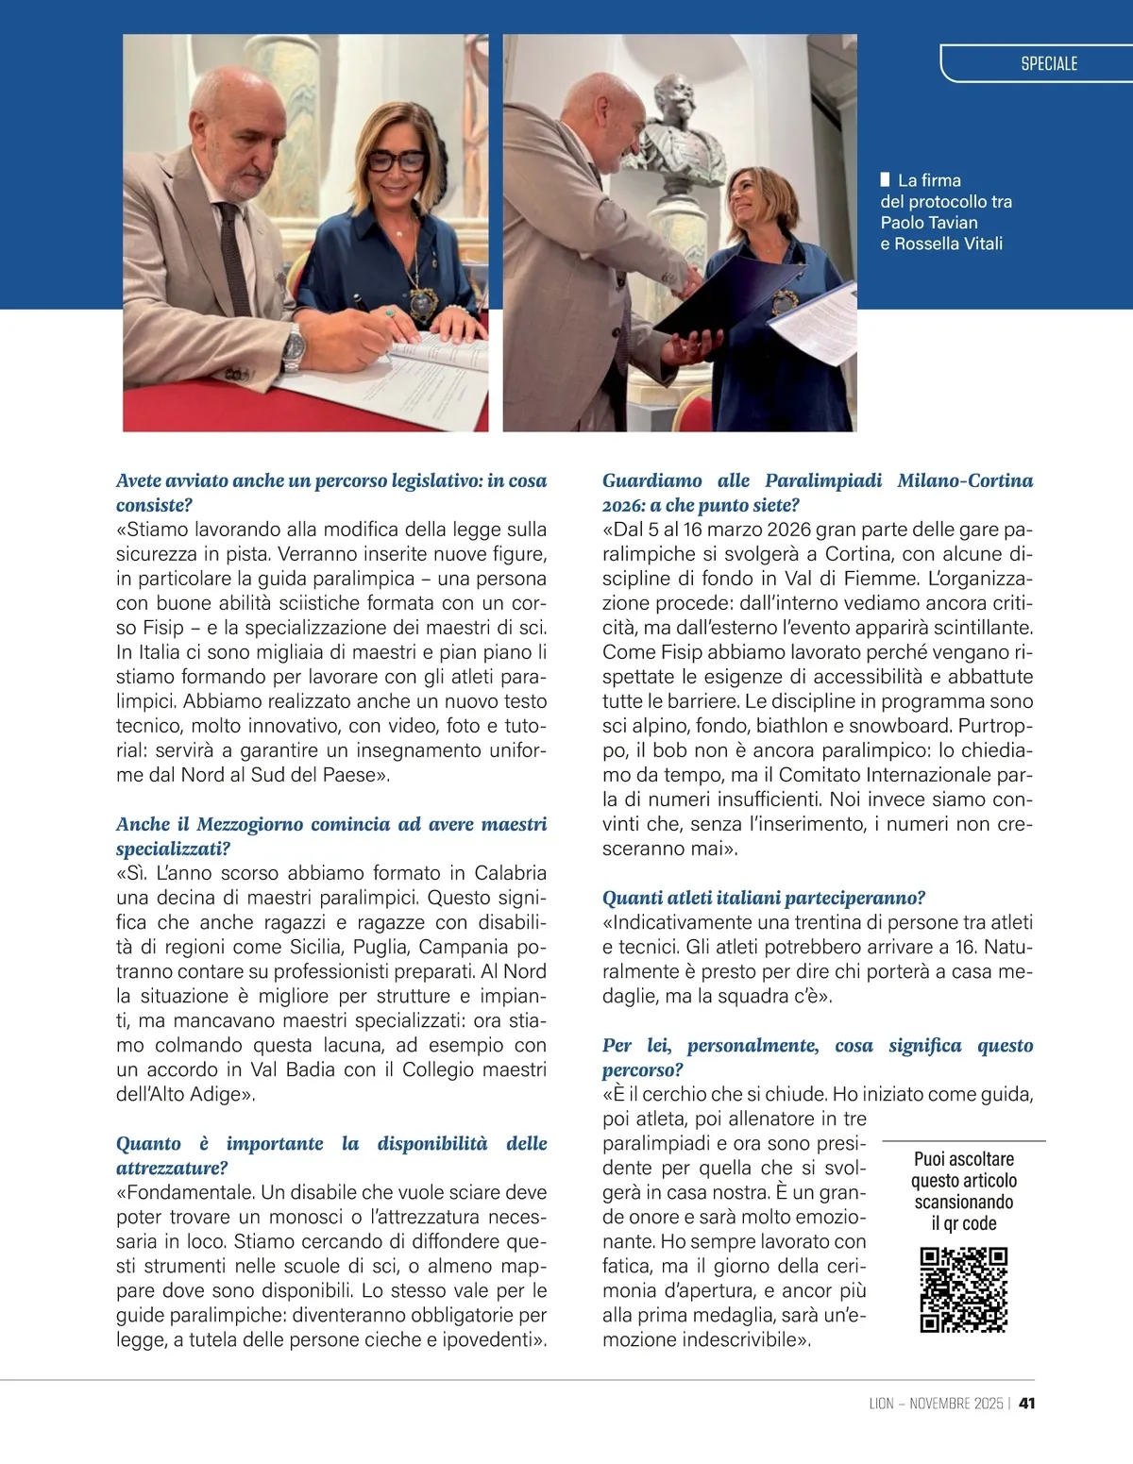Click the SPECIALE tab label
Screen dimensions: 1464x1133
pyautogui.click(x=1048, y=64)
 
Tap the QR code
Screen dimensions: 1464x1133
pyautogui.click(x=963, y=1289)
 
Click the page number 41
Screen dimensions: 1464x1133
pyautogui.click(x=1027, y=1404)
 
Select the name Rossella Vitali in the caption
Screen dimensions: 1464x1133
pyautogui.click(x=948, y=244)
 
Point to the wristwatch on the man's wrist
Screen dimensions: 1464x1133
pyautogui.click(x=296, y=348)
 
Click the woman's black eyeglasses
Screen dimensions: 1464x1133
pyautogui.click(x=396, y=161)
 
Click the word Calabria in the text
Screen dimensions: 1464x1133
pyautogui.click(x=510, y=873)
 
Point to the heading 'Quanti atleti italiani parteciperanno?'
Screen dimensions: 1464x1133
pyautogui.click(x=764, y=898)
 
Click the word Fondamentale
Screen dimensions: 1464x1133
pyautogui.click(x=188, y=1192)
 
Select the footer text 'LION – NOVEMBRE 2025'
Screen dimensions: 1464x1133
pyautogui.click(x=936, y=1404)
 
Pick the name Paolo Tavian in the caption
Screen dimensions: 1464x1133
pyautogui.click(x=929, y=223)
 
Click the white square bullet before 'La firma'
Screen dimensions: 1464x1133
pyautogui.click(x=885, y=179)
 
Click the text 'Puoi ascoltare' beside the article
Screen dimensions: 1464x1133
pyautogui.click(x=963, y=1159)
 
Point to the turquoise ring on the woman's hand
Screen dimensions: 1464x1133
pyautogui.click(x=388, y=312)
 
